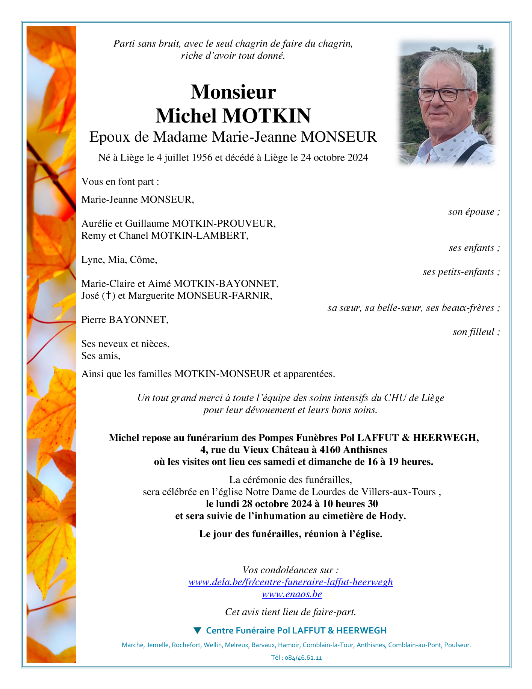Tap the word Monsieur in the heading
point(233,92)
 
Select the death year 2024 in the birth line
point(357,157)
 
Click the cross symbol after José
point(108,296)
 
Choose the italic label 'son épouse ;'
point(474,212)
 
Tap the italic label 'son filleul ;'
point(476,332)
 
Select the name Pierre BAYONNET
point(125,320)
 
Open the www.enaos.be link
point(292,594)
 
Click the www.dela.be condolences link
point(290,582)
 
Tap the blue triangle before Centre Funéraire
point(197,630)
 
